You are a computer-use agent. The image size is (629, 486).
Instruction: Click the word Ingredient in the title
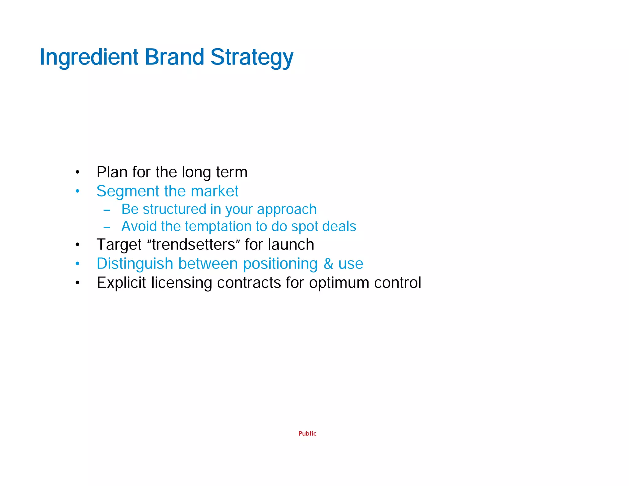pos(89,57)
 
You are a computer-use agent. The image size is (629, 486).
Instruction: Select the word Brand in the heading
pos(174,57)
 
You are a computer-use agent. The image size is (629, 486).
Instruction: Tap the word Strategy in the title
pos(252,57)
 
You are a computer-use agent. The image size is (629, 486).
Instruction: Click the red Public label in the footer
pos(307,433)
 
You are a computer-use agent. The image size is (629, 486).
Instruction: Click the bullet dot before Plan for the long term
pos(78,172)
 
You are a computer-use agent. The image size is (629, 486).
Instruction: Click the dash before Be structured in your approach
pos(107,210)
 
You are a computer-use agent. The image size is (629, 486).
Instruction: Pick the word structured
pos(174,209)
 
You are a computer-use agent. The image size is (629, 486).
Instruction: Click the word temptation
pos(220,226)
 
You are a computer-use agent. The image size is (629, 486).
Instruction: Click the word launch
pos(291,245)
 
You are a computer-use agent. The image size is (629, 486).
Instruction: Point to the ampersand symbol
pos(328,264)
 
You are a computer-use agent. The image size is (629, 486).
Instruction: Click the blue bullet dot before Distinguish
pos(78,264)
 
